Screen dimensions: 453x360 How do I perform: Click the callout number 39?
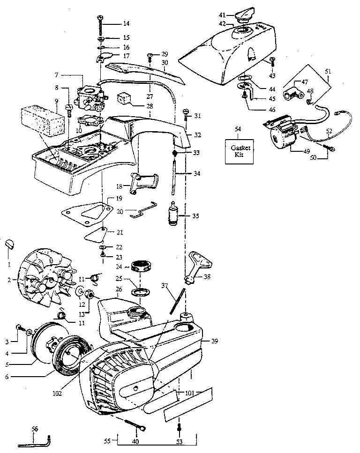(x=215, y=341)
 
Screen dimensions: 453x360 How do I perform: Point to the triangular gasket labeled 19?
(x=89, y=210)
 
